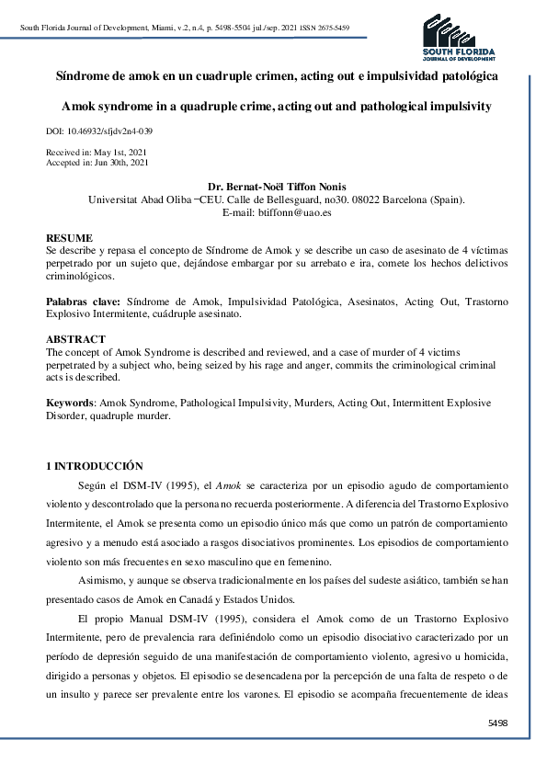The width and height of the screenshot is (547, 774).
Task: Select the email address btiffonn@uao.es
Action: coord(277,212)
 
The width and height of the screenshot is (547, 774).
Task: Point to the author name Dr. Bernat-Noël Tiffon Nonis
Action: coord(277,187)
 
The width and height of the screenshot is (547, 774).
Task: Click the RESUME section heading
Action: coord(69,237)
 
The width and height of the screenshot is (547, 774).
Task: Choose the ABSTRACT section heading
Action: coord(74,339)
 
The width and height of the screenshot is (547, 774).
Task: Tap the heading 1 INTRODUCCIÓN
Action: coord(95,467)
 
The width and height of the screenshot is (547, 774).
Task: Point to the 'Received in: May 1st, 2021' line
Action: coord(96,153)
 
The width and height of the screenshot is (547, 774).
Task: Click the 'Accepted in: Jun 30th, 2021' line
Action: coord(97,163)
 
